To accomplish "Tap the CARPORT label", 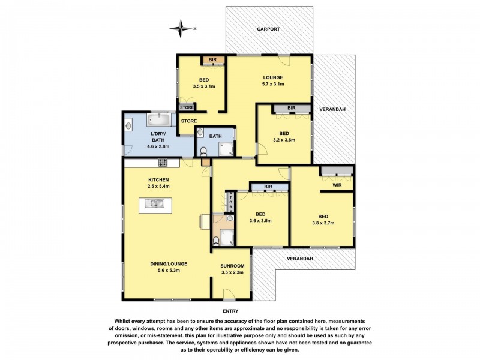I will pos(268,29).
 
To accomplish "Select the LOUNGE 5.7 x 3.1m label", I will pos(272,80).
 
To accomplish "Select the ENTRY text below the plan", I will pos(230,311).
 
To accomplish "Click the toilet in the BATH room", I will pos(203,151).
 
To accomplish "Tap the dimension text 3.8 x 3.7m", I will pos(323,223).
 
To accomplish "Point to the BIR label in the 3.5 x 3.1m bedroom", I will pos(212,60).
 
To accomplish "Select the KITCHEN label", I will pos(158,179).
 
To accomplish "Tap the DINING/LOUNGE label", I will pos(173,263).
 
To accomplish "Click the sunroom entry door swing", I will pos(230,293).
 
